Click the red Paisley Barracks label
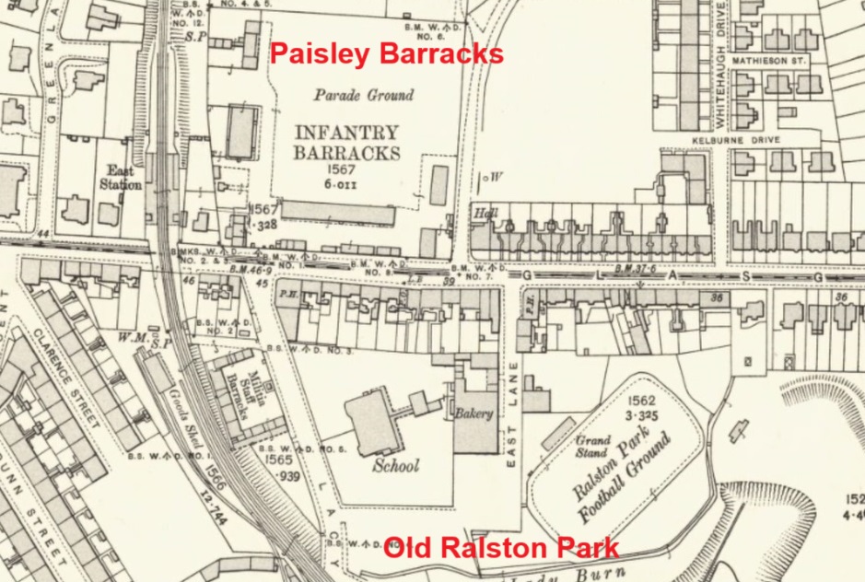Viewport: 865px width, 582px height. tap(386, 53)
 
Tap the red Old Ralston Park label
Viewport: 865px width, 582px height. tap(500, 550)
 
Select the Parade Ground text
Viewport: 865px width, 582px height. tap(364, 95)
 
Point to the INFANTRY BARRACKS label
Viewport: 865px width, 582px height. tap(346, 143)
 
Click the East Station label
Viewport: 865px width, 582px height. tap(120, 178)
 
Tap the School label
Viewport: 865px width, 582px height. tap(396, 465)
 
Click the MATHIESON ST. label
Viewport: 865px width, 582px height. tap(768, 60)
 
